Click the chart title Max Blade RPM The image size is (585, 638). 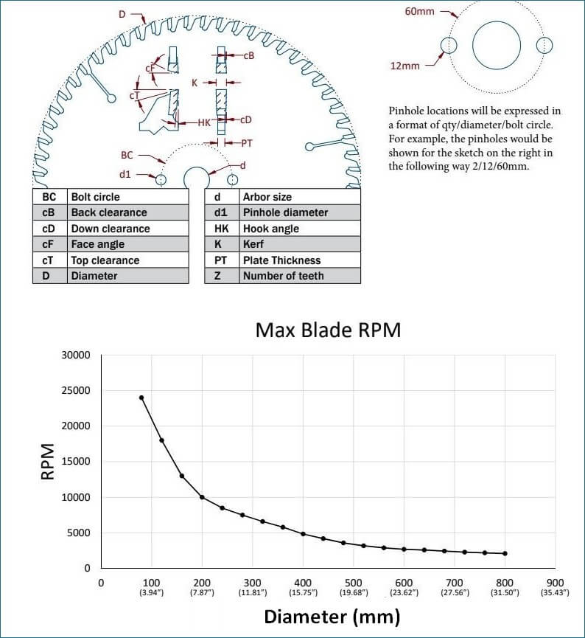click(328, 330)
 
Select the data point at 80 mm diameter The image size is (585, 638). click(141, 398)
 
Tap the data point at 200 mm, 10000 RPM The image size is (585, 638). click(202, 497)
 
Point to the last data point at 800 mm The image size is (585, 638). click(505, 553)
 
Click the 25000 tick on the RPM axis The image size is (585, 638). click(76, 391)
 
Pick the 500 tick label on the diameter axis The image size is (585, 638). click(353, 583)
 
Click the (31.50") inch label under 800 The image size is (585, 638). click(505, 592)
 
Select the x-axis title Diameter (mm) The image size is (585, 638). click(332, 617)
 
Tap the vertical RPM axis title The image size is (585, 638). click(48, 462)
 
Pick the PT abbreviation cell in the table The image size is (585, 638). click(222, 260)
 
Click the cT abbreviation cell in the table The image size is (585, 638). click(49, 260)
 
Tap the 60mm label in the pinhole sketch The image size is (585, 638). click(419, 11)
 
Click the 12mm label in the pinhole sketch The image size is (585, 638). click(405, 66)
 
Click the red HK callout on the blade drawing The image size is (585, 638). click(204, 122)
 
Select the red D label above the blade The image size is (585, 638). click(122, 15)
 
